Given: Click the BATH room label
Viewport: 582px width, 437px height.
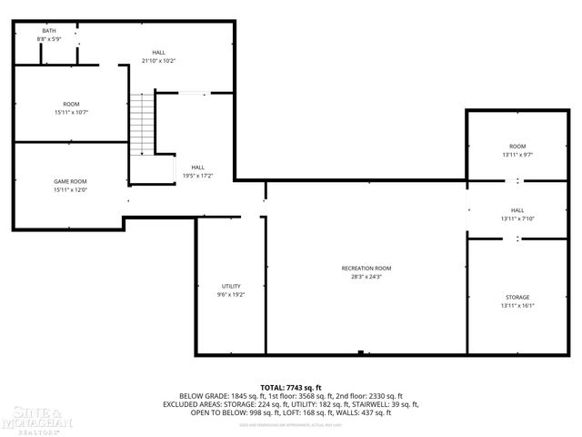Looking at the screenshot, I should [x=48, y=31].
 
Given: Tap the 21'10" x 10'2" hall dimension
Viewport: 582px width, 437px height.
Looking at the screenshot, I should [x=158, y=61].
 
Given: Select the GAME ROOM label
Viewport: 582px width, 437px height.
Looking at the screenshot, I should [x=69, y=181].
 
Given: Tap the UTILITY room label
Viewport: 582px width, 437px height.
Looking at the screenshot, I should [x=230, y=286].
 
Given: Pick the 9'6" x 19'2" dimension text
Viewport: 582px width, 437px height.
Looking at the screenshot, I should [x=230, y=295].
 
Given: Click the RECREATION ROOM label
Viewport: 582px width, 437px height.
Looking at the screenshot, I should [x=366, y=268].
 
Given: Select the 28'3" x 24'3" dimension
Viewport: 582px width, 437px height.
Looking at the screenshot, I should [x=366, y=277].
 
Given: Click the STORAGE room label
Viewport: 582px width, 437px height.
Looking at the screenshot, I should [x=517, y=297].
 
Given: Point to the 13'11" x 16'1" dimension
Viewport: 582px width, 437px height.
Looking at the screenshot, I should [x=517, y=306].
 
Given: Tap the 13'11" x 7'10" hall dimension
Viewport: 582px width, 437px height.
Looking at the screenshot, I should [x=517, y=218].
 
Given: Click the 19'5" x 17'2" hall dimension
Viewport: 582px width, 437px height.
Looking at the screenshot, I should [x=197, y=176].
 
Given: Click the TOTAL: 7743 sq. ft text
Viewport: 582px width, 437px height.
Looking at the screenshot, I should [x=291, y=387].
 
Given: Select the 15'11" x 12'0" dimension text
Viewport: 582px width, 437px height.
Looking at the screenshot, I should [x=69, y=190].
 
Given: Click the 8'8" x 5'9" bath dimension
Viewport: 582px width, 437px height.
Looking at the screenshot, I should [x=48, y=39].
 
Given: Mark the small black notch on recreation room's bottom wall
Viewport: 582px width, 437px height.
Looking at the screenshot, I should [x=361, y=352].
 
